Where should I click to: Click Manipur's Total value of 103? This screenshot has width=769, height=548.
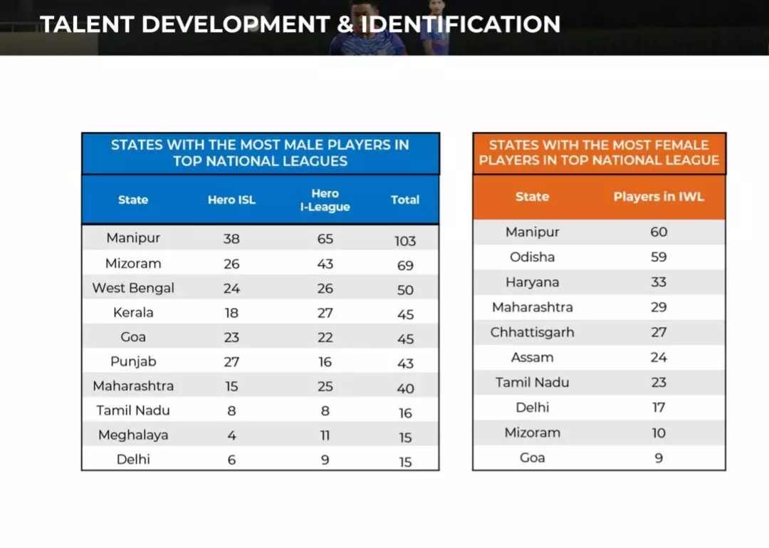pos(405,241)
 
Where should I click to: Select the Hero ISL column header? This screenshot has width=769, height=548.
pos(231,200)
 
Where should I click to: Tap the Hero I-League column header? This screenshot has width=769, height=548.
pos(325,200)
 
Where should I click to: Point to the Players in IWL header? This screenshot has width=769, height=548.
pos(659,197)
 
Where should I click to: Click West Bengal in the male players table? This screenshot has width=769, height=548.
pos(133,288)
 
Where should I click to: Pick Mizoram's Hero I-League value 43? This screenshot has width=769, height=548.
pos(325,264)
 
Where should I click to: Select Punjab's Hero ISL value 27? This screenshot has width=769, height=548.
pos(231,361)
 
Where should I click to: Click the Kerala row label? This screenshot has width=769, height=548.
pos(133,312)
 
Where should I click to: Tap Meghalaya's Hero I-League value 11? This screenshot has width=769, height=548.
pos(325,435)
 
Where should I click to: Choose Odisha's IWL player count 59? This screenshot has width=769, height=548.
pos(659,257)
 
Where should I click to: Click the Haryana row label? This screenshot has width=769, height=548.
pos(533,282)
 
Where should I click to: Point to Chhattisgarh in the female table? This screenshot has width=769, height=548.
pos(533,332)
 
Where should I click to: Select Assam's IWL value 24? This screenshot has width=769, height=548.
pos(659,357)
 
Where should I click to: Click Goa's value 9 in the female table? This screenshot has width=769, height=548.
pos(659,457)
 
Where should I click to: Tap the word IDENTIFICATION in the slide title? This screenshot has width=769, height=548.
pos(461,24)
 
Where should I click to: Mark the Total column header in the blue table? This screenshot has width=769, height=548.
pos(405,200)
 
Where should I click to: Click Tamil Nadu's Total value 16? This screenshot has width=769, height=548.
pos(405,413)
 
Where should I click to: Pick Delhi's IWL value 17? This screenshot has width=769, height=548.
pos(659,408)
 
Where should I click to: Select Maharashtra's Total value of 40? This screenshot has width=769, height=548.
pos(405,388)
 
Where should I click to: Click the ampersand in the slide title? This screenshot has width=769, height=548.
pos(345,24)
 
